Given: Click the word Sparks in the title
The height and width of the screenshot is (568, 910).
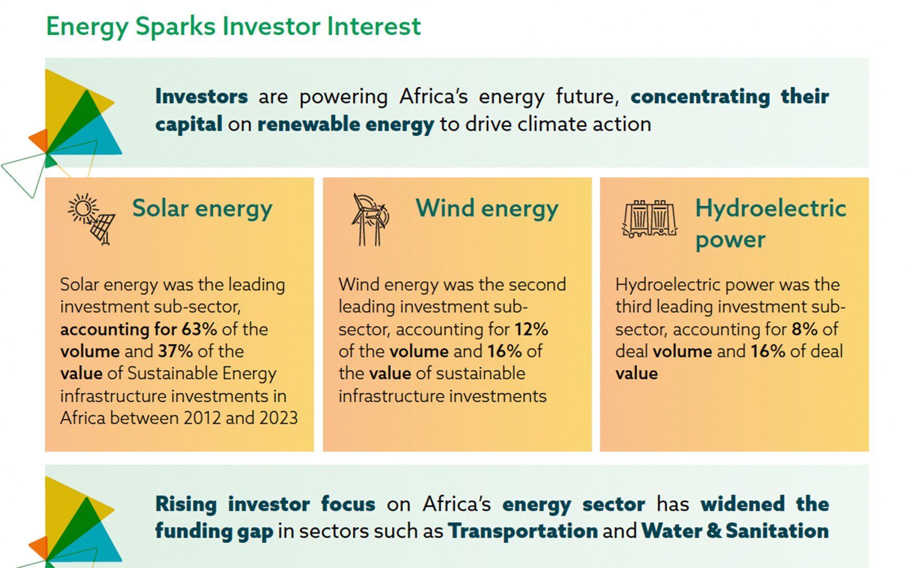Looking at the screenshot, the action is coord(174,27).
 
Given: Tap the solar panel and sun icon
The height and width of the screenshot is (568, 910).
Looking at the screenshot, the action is coord(92,219).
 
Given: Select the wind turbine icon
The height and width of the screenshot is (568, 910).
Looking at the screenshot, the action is coord(370,219).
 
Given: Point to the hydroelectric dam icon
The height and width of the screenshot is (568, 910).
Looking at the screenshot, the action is coord(649,219).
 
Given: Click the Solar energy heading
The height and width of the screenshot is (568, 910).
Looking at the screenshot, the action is coord(202,209).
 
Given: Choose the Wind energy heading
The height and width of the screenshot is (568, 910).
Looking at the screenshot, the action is coord(487,209).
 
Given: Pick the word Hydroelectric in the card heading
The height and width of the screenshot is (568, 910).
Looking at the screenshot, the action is coord(770,208).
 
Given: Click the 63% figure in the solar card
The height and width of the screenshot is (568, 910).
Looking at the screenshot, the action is coord(199,329).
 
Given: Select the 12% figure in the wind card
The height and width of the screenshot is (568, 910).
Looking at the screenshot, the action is coord(531,329).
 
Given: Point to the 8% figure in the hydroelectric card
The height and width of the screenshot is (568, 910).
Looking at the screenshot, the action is coord(805,329).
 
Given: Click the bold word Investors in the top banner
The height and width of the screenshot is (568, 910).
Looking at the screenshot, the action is coord(201,97).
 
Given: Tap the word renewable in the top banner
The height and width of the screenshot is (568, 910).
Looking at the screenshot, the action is coord(309,125).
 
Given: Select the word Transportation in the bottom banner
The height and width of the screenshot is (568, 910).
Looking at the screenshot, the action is coord(523,531).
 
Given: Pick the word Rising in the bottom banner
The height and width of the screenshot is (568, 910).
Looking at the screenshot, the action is coord(186,505).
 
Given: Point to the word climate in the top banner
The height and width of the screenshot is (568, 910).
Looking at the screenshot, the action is coord(552,125).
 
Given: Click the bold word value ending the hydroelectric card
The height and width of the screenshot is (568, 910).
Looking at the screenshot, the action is coord(637,373).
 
